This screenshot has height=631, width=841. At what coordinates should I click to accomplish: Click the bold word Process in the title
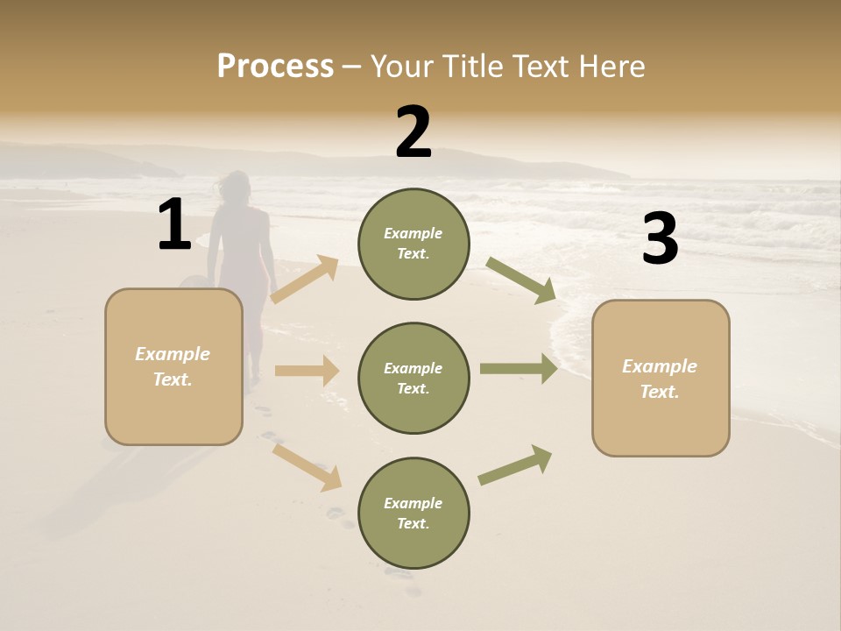[275, 67]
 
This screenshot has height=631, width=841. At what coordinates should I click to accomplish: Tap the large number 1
[174, 225]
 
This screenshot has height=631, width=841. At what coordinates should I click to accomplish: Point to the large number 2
[413, 132]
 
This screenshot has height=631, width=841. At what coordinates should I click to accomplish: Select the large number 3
[660, 239]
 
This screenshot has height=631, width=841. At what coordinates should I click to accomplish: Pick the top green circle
[413, 244]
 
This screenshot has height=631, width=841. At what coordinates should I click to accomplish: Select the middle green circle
[413, 378]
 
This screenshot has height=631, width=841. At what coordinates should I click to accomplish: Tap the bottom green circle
[413, 513]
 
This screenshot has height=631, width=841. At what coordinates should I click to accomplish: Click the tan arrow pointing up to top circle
[305, 280]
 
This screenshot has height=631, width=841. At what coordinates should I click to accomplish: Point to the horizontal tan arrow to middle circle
[307, 371]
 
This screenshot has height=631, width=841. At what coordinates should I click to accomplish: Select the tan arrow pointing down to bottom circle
[307, 466]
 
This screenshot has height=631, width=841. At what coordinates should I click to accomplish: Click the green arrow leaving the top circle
[520, 280]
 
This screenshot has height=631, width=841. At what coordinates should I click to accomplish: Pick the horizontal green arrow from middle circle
[519, 369]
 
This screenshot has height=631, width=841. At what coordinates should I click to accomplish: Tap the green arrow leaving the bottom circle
[515, 465]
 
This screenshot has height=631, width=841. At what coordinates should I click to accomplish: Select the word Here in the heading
[611, 67]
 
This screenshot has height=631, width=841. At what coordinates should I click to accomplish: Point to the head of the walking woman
[234, 187]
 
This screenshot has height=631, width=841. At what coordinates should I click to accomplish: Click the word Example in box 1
[173, 354]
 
